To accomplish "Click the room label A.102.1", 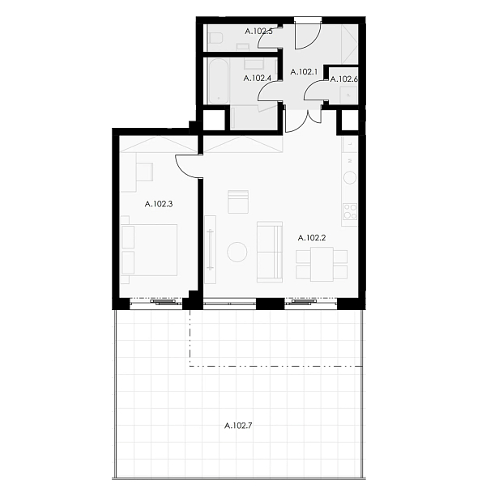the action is tap(304, 72).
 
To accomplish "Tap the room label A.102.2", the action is tap(312, 238).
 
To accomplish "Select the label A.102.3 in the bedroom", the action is tap(159, 204).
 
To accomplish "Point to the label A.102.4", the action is tap(258, 78).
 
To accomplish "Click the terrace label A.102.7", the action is tap(238, 426).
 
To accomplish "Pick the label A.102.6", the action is tap(343, 79).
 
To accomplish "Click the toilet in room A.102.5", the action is tap(215, 38).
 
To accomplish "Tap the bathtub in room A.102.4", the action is tap(219, 81).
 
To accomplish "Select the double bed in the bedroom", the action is tap(149, 250).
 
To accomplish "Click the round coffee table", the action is tap(237, 252).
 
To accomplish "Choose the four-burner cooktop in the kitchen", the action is tap(350, 211).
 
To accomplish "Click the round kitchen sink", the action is tap(350, 177).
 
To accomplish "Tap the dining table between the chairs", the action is tap(322, 264).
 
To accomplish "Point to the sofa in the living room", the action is tap(270, 252).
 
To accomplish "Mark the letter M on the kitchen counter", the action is tap(351, 160).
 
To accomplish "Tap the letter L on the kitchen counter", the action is tap(351, 144).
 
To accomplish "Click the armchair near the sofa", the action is tap(238, 202).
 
